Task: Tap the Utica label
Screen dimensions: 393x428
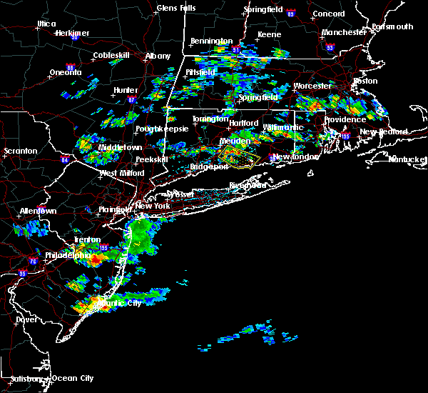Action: [x=46, y=24]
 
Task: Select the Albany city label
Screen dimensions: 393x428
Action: [x=158, y=56]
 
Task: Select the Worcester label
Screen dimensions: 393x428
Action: [x=312, y=86]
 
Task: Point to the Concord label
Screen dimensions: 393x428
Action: [x=329, y=14]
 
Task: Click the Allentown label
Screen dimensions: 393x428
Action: [x=38, y=212]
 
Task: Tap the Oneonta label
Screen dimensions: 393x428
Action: [x=66, y=73]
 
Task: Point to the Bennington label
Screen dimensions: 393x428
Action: [x=212, y=41]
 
